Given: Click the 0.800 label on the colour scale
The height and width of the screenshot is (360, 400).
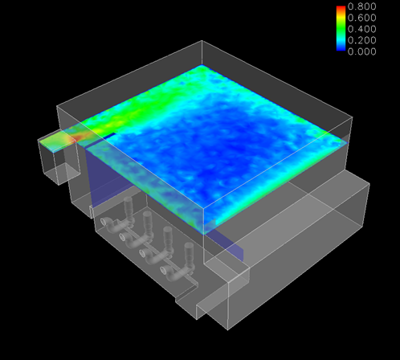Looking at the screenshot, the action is [361, 6].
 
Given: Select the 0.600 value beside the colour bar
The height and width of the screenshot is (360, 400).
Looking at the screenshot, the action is [361, 18].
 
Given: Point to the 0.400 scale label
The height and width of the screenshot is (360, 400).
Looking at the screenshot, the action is [361, 29].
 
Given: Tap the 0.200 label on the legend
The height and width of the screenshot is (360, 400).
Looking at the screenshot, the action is [361, 40].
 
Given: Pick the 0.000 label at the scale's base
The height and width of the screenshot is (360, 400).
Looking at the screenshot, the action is [361, 51].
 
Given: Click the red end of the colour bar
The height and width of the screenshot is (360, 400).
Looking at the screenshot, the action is [341, 8].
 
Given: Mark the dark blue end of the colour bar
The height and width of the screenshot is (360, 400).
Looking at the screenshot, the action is [341, 48].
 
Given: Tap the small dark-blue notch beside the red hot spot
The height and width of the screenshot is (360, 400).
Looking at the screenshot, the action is [109, 136].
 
